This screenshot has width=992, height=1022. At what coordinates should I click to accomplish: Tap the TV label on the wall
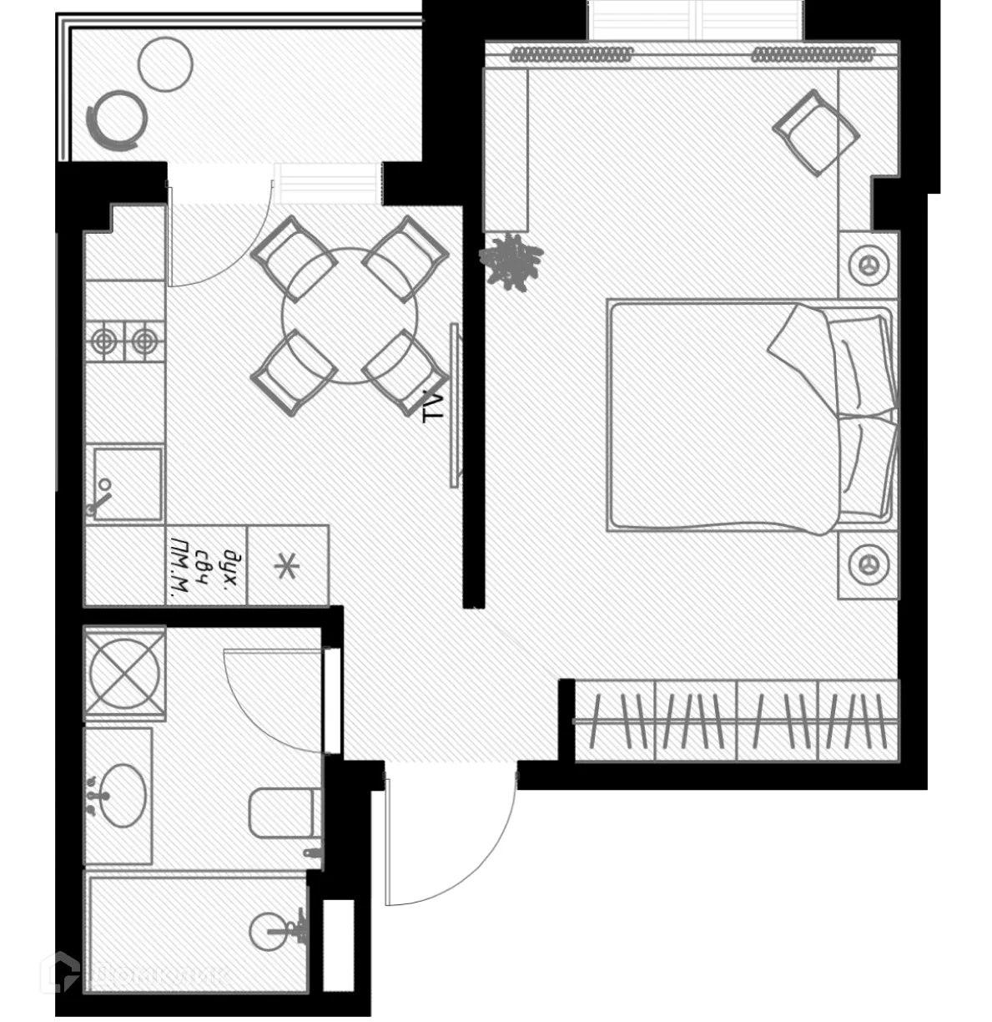[431, 406]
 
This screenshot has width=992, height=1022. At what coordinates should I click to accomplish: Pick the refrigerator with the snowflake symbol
[288, 565]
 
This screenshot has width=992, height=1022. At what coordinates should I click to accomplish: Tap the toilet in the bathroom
[284, 811]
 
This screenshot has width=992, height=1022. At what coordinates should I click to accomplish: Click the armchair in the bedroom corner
[815, 131]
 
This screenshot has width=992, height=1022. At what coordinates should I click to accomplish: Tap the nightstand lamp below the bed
[869, 564]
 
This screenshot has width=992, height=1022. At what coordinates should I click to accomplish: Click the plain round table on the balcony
[164, 64]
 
